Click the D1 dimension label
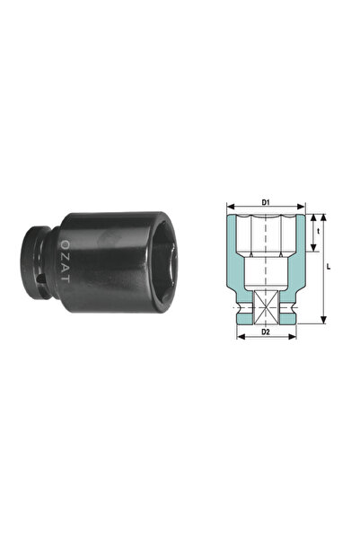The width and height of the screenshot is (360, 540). pyautogui.click(x=267, y=202)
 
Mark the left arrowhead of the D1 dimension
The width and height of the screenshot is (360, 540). pyautogui.click(x=227, y=208)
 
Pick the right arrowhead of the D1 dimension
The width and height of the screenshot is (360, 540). pyautogui.click(x=306, y=208)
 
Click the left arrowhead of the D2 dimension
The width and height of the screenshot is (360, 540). pyautogui.click(x=239, y=340)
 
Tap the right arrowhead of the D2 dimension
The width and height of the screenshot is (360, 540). pyautogui.click(x=294, y=340)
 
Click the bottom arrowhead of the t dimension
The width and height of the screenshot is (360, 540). pyautogui.click(x=312, y=253)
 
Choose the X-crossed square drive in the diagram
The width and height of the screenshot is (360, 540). pyautogui.click(x=267, y=307)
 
